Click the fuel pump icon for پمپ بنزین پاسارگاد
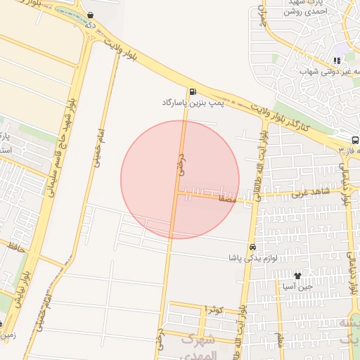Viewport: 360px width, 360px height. click(192, 91)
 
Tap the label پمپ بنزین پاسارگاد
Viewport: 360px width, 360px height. click(192, 103)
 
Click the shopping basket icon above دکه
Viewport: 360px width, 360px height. click(90, 15)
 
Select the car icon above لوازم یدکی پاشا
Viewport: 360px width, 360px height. click(252, 247)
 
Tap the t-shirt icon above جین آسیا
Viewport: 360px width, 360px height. click(298, 276)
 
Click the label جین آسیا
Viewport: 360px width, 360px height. click(298, 287)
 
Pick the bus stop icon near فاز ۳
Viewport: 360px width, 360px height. click(355, 140)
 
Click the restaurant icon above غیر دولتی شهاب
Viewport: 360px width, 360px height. click(337, 61)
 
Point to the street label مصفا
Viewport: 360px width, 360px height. click(226, 200)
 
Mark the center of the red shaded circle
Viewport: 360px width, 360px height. click(180, 179)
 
